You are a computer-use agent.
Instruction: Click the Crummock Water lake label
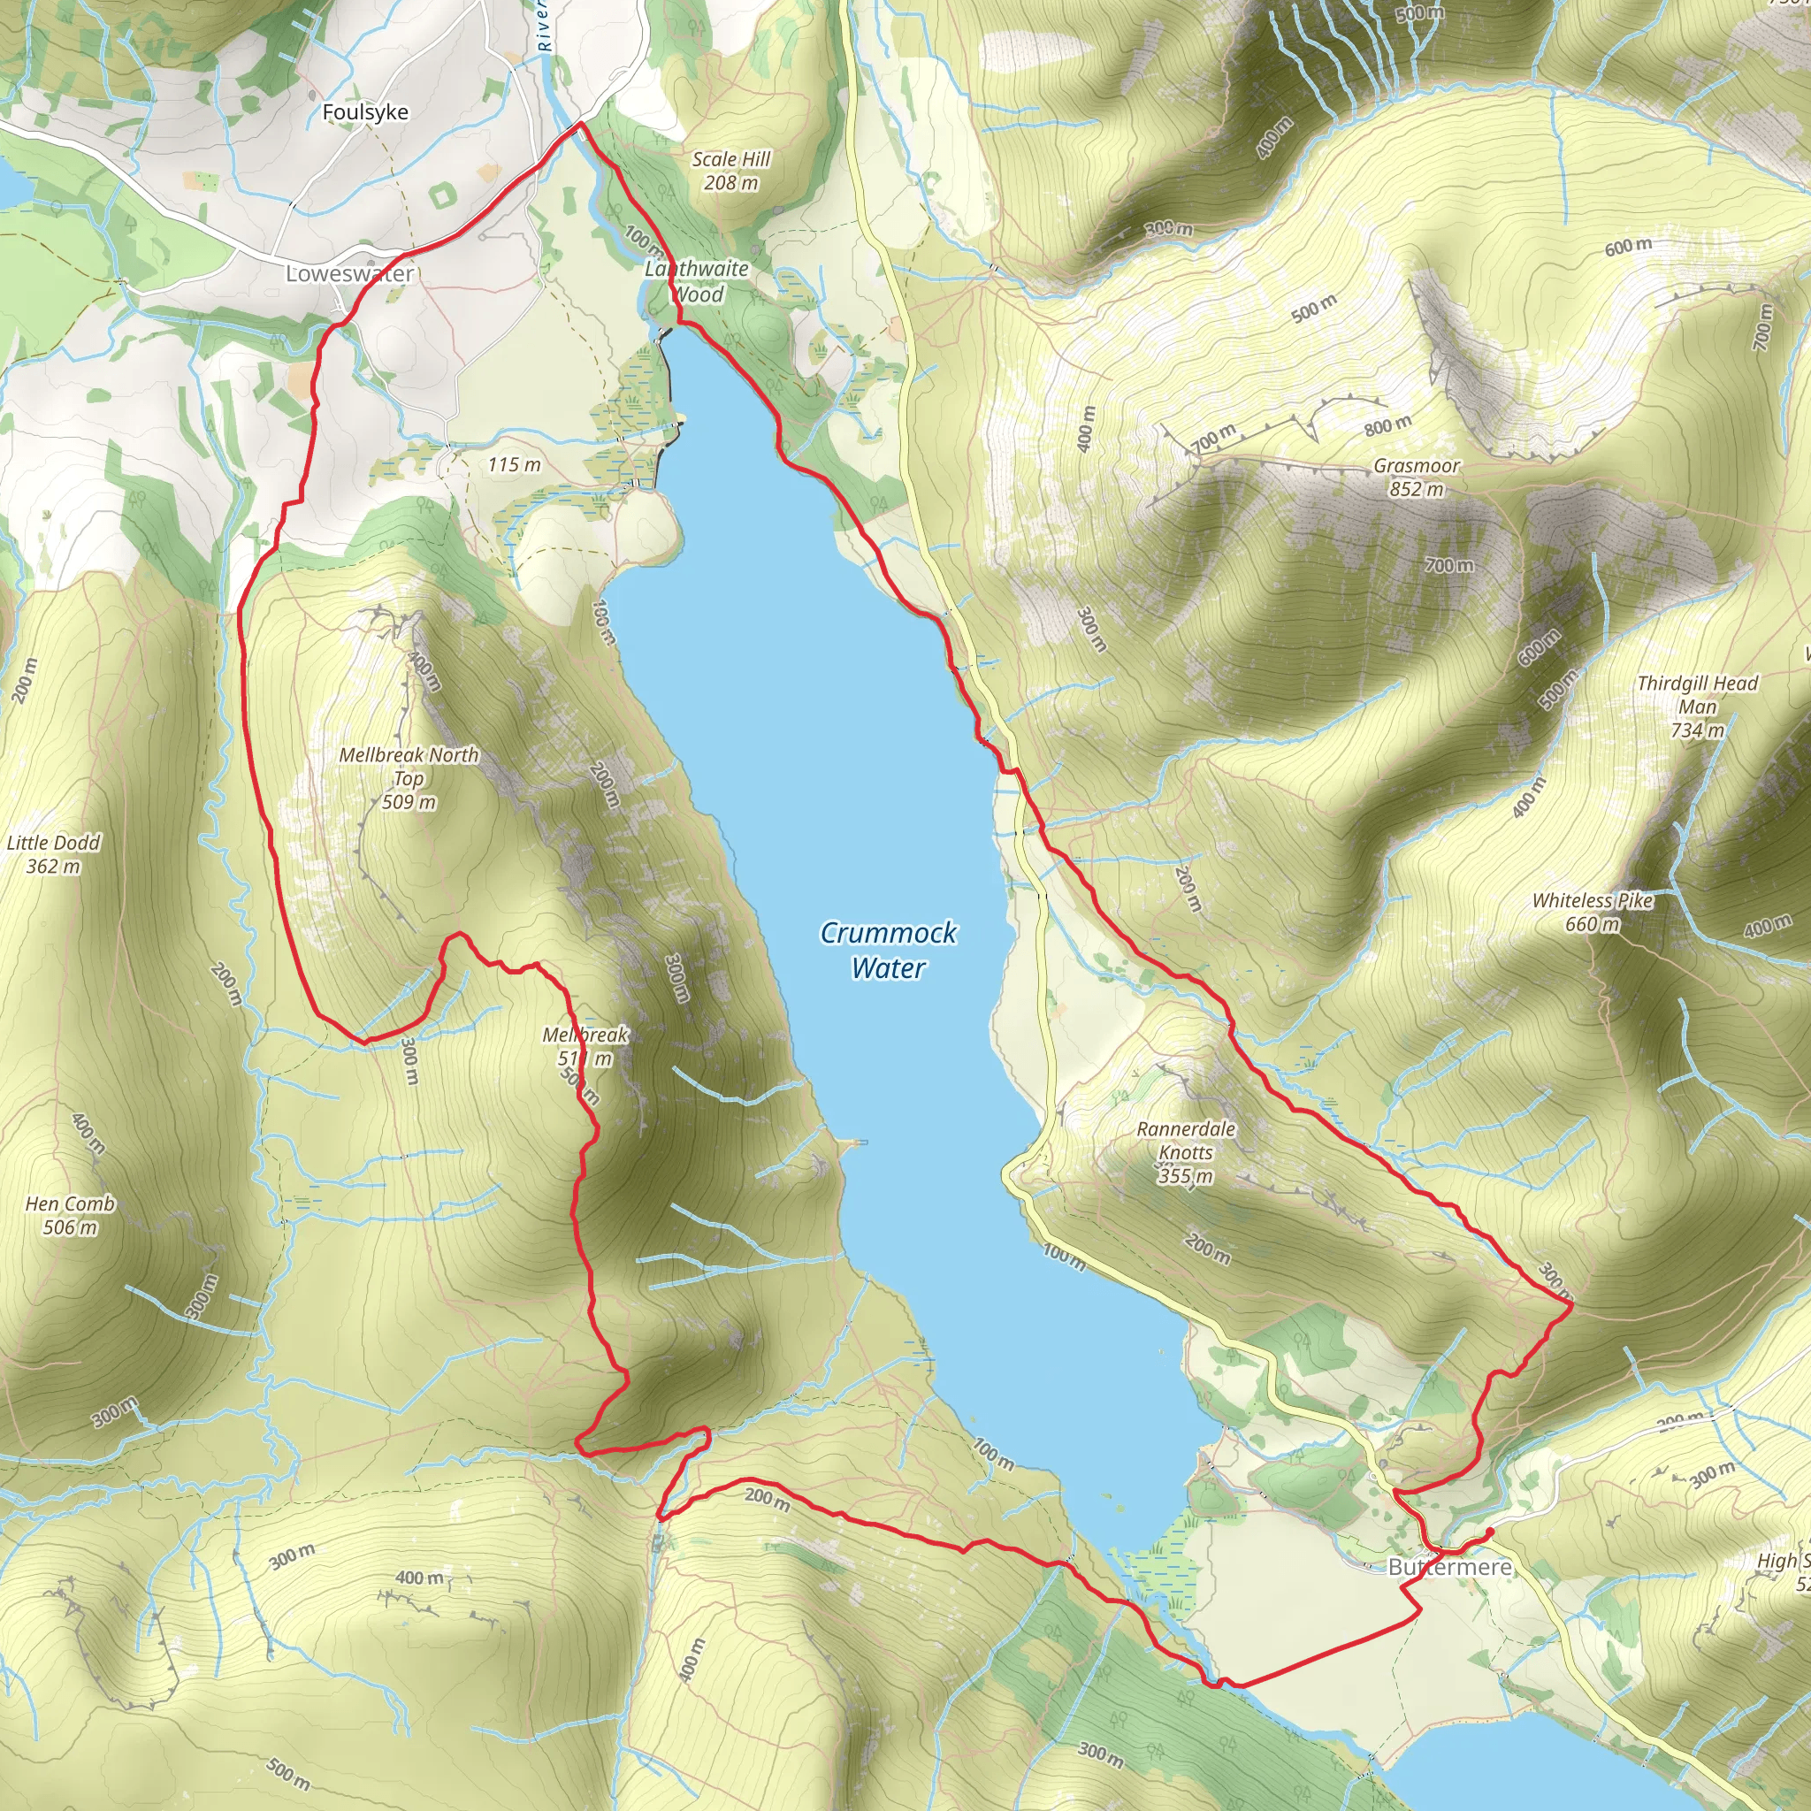[888, 950]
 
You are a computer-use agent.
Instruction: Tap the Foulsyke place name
[364, 112]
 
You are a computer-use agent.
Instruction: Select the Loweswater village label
[349, 274]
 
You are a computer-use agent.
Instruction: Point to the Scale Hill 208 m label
[731, 171]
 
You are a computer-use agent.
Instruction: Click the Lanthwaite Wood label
[698, 281]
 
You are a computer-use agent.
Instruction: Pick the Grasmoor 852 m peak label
[1417, 478]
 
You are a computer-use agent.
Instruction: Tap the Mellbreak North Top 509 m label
[409, 778]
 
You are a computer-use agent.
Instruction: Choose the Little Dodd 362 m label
[53, 854]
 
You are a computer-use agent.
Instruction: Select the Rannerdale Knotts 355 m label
[1186, 1152]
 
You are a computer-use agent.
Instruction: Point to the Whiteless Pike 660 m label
[1593, 912]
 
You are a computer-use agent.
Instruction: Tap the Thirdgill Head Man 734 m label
[1698, 707]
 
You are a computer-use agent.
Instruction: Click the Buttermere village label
[1449, 1566]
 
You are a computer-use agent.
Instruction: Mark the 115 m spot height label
[514, 465]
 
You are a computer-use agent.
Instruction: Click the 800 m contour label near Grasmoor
[1387, 425]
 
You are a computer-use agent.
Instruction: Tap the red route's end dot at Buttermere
[1489, 1532]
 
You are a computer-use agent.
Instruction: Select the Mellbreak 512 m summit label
[585, 1046]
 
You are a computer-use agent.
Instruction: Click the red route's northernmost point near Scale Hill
[580, 123]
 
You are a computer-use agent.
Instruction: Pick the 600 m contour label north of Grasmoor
[1628, 247]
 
